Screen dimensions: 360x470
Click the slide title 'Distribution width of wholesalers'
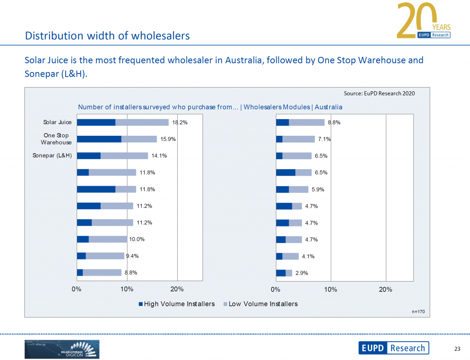tap(107, 35)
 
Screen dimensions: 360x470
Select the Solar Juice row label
tap(57, 122)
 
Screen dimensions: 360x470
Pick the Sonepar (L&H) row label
tap(52, 155)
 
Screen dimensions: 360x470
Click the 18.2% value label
tap(180, 122)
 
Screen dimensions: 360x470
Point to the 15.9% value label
tap(168, 139)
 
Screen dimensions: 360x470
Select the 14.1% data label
tap(158, 155)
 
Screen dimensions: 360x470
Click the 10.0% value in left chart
tap(136, 239)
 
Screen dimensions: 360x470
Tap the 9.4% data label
tap(133, 256)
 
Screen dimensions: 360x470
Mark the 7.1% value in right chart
tap(324, 139)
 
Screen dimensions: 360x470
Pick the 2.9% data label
tap(302, 273)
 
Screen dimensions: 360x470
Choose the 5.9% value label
tap(318, 189)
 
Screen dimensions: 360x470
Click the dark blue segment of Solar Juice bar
tap(96, 122)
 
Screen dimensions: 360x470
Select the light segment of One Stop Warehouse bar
tap(139, 139)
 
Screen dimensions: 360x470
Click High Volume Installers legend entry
tap(177, 304)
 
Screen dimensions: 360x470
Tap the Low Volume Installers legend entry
tap(260, 304)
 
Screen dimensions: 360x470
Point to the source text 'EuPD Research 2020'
tap(379, 94)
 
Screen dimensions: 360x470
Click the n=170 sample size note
tap(419, 311)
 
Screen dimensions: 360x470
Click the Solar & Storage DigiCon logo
tap(62, 349)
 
